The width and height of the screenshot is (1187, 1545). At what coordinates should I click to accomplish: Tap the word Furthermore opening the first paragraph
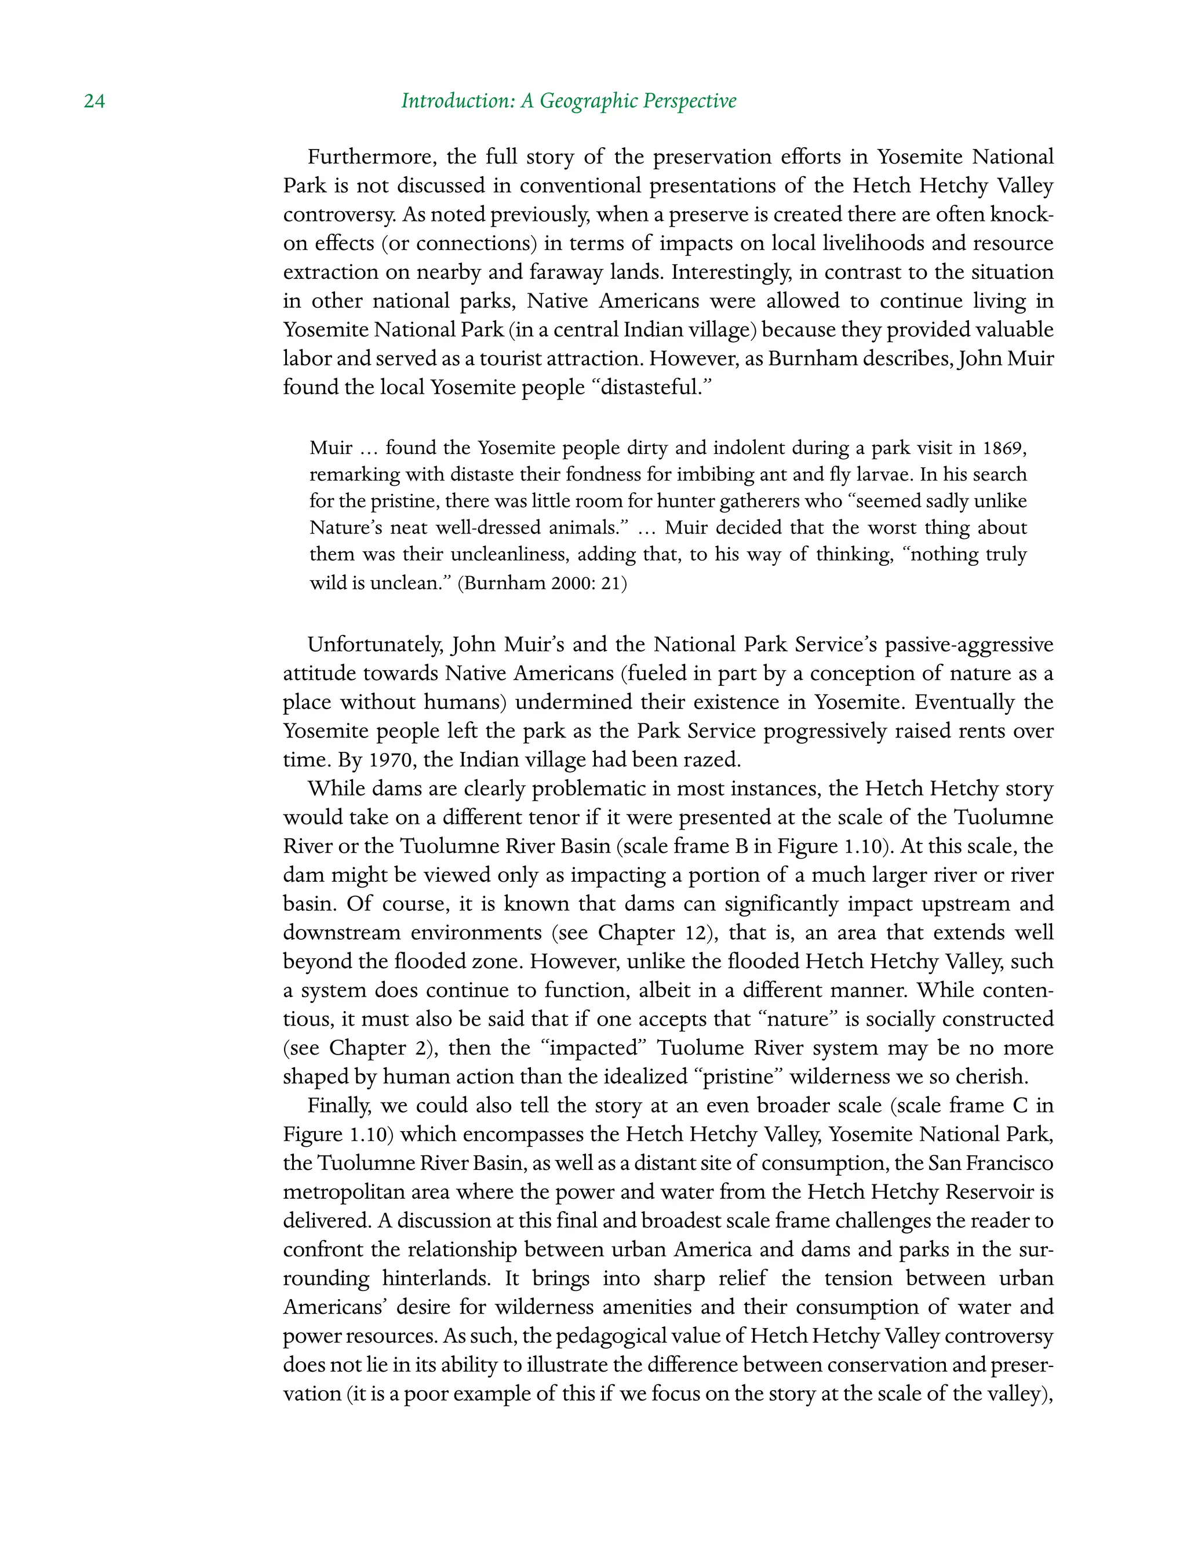pos(367,157)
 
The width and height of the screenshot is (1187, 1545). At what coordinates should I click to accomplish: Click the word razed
pos(713,760)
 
